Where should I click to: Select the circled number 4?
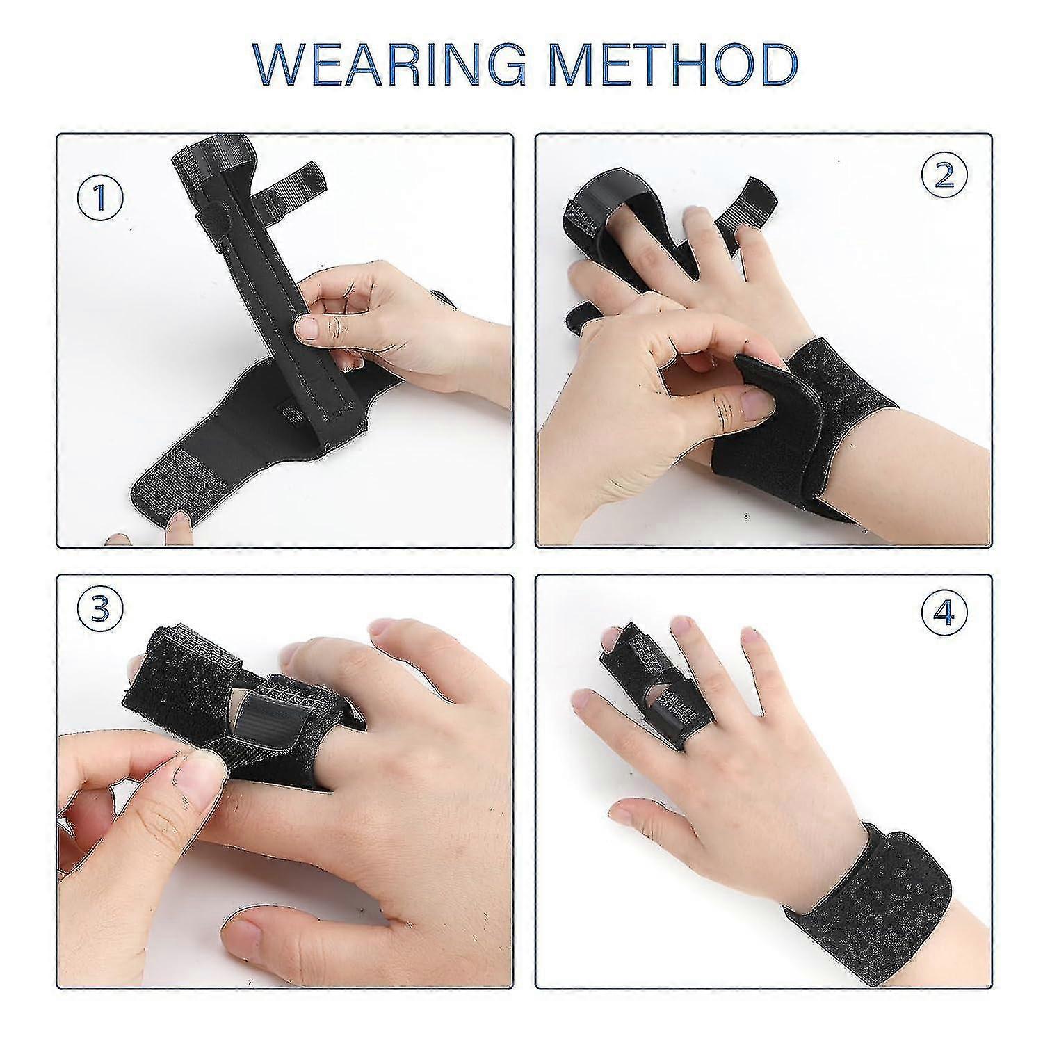click(x=944, y=612)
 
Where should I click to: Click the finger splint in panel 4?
click(x=654, y=681)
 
